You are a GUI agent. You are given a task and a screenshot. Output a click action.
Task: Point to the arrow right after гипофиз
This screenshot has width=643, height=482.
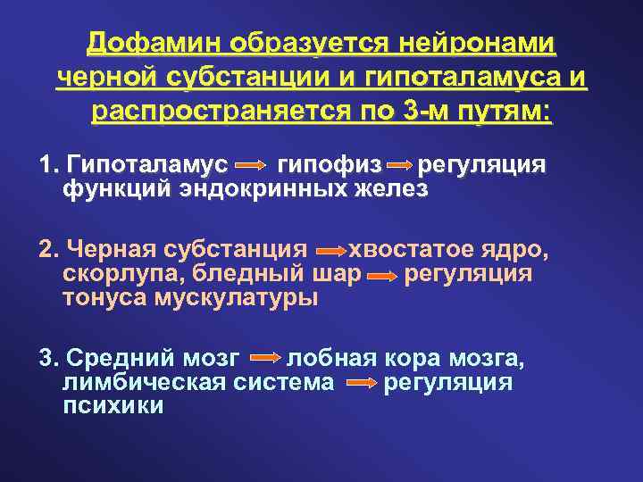[x=400, y=166]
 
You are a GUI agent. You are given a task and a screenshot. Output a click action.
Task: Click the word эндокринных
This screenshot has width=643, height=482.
[x=267, y=189]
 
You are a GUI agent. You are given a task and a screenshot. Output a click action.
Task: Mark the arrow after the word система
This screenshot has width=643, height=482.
[x=360, y=385]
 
